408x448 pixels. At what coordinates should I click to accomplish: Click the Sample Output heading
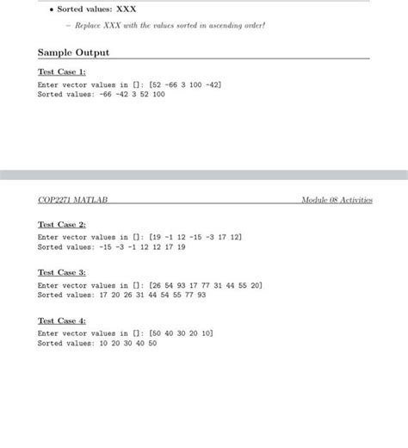point(74,53)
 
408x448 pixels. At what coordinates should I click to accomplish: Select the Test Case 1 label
point(62,72)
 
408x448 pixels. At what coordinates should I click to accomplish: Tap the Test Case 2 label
point(62,224)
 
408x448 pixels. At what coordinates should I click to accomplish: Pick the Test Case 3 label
point(62,272)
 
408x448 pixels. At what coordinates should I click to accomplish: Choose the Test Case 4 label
point(62,320)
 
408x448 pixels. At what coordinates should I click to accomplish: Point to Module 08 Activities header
point(337,200)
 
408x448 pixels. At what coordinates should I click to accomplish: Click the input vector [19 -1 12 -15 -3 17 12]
point(195,236)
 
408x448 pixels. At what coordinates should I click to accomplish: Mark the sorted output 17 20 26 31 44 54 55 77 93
point(153,294)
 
